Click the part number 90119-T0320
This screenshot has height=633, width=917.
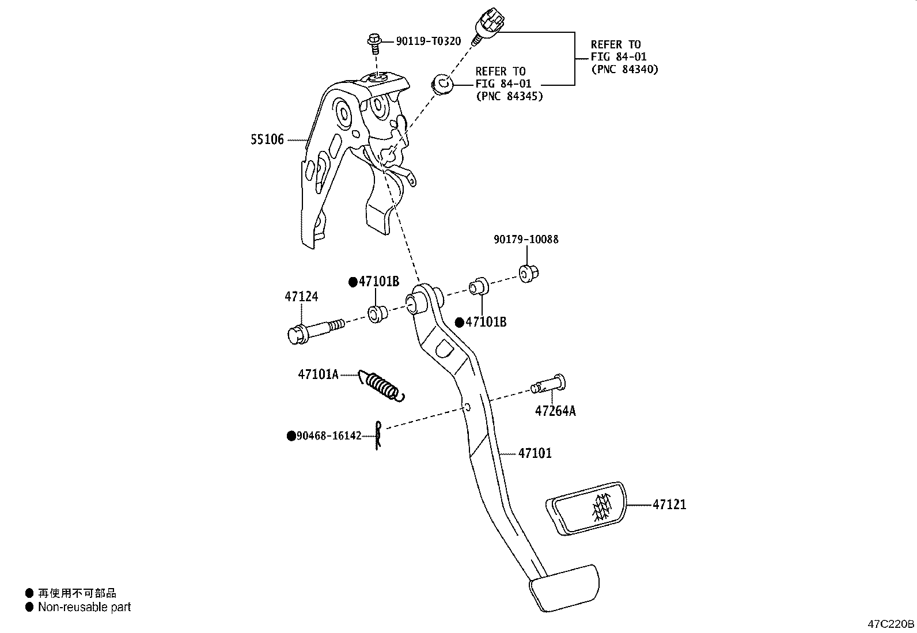point(428,41)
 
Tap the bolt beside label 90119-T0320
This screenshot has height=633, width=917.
point(373,41)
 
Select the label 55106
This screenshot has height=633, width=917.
point(267,139)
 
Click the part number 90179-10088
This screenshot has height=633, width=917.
point(526,239)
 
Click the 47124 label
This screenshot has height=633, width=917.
point(301,297)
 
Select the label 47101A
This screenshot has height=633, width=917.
point(318,374)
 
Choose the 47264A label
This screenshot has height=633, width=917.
point(555,411)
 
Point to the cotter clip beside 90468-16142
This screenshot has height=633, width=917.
point(378,435)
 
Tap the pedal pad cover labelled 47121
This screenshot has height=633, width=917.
point(586,508)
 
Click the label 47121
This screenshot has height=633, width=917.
point(669,505)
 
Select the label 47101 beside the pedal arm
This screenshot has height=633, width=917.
point(535,453)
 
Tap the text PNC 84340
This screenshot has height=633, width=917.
point(625,69)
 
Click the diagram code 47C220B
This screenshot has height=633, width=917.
point(891,624)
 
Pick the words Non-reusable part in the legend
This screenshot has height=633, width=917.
point(84,607)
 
